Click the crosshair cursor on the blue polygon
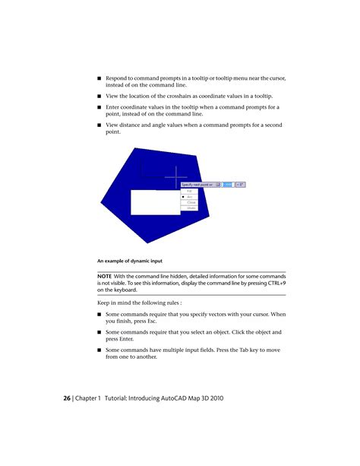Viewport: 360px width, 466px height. click(175, 177)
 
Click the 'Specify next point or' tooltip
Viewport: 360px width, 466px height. click(197, 185)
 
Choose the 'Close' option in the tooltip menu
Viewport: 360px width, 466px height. click(191, 202)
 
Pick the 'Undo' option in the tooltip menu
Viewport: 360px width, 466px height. click(191, 208)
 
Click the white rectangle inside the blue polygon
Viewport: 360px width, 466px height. click(155, 202)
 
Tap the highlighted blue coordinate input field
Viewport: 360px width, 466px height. click(228, 185)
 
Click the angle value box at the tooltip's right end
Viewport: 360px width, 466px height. click(241, 185)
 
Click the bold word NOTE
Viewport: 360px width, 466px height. click(105, 276)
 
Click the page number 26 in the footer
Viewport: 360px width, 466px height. click(66, 398)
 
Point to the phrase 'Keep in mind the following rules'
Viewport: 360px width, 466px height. click(139, 303)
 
